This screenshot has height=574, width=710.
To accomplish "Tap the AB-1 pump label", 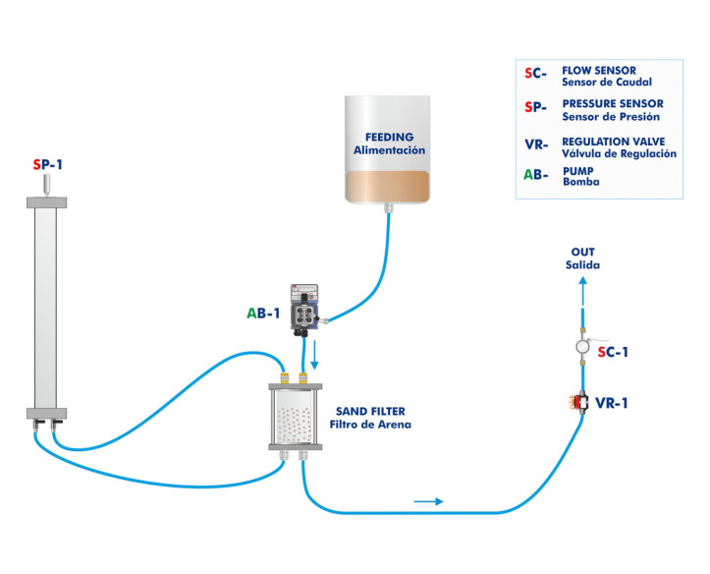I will (263, 314).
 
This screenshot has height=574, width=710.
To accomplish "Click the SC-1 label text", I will (615, 352).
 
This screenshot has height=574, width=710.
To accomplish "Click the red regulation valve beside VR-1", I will (579, 403).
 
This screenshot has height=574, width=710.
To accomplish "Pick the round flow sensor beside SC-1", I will (581, 349).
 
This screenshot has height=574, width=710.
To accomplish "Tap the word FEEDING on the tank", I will (389, 137).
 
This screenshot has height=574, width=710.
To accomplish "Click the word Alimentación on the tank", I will (389, 150).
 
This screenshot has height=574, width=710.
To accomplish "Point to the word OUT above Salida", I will (582, 252).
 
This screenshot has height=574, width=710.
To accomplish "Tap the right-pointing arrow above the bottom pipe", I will (427, 501).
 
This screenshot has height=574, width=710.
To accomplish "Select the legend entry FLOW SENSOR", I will (599, 71).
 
